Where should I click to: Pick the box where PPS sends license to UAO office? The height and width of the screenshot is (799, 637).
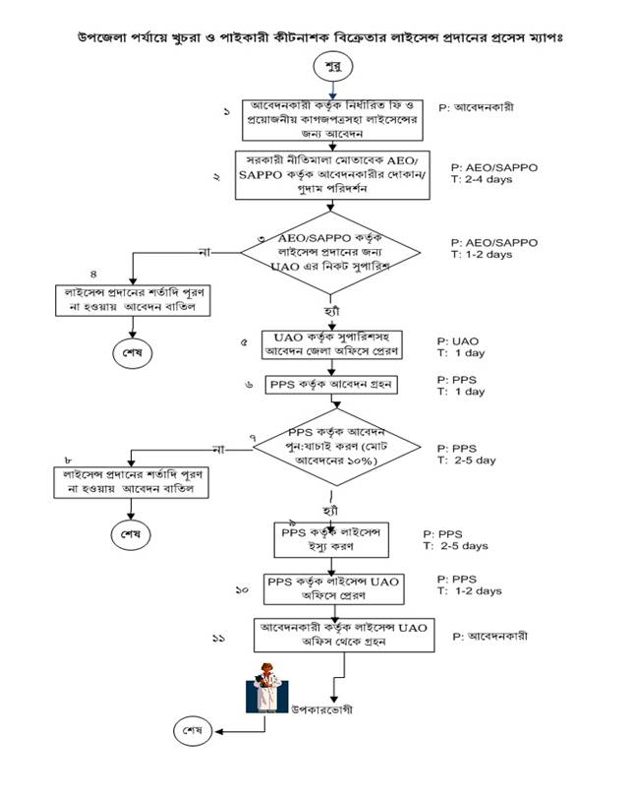(x=332, y=588)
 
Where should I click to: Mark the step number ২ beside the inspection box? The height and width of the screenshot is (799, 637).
(x=216, y=177)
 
